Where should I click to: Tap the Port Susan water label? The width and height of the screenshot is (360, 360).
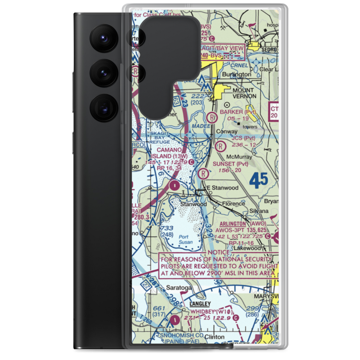coord(185,239)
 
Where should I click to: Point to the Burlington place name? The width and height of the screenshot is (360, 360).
coord(237,75)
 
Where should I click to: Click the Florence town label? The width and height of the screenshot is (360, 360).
coord(233,204)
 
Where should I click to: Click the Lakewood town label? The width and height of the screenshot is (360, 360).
coord(247,248)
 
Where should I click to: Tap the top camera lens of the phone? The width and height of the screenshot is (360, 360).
coord(103,38)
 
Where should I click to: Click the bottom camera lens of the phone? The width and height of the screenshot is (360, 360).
coord(103,108)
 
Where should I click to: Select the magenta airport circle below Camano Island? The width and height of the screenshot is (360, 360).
coord(175,186)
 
